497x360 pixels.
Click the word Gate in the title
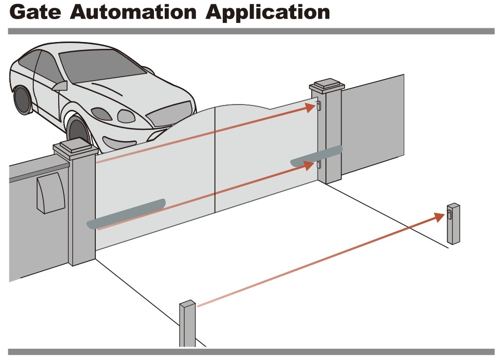pyautogui.click(x=35, y=13)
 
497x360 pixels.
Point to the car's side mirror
pyautogui.click(x=60, y=86)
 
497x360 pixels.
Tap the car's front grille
pyautogui.click(x=168, y=114)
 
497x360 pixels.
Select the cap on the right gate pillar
pyautogui.click(x=326, y=86)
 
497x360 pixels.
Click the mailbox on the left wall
pyautogui.click(x=50, y=192)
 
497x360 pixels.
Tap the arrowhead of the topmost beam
pyautogui.click(x=310, y=107)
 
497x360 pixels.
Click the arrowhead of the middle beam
pyautogui.click(x=308, y=165)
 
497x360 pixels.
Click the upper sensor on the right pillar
pyautogui.click(x=319, y=106)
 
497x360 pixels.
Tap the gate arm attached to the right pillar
pyautogui.click(x=317, y=155)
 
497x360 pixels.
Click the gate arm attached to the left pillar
pyautogui.click(x=126, y=213)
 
